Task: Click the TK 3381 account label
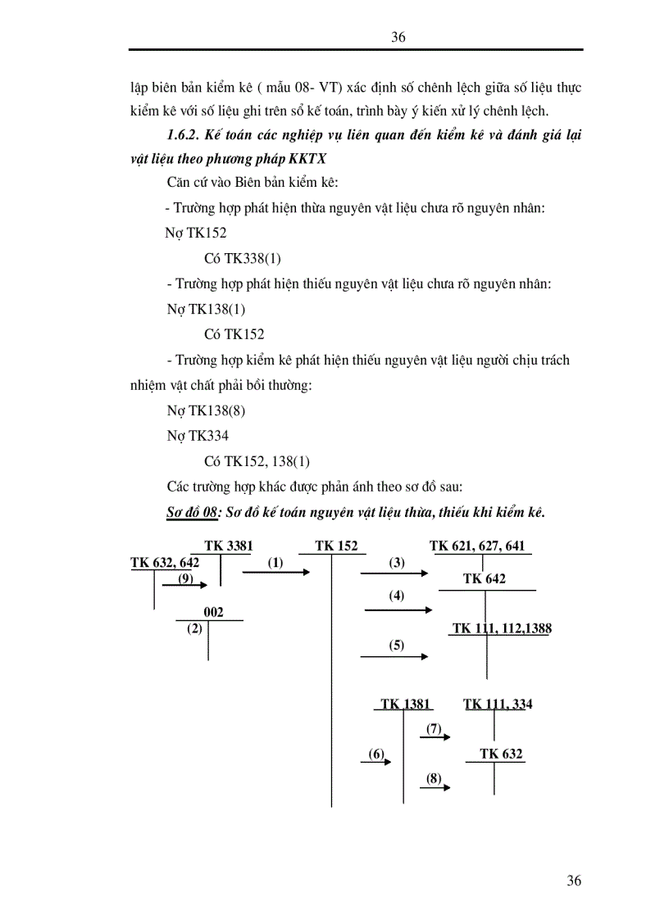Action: coord(228,546)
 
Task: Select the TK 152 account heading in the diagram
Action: coord(336,546)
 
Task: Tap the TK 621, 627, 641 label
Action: coord(482,546)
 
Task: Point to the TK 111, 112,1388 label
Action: coord(503,628)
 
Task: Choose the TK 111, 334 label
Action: coord(498,704)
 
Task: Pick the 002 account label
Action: coord(213,612)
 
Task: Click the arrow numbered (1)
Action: coord(276,573)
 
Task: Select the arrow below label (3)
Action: coord(394,573)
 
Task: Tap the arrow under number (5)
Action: coord(394,656)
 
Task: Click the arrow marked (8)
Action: coord(435,788)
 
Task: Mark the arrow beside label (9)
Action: coord(189,584)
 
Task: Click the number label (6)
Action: coord(376,754)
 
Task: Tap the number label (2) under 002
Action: coord(194,629)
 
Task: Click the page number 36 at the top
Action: coord(399,37)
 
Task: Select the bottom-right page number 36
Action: coord(574,881)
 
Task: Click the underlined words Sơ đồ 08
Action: coord(189,512)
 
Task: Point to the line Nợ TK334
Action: coord(198,437)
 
